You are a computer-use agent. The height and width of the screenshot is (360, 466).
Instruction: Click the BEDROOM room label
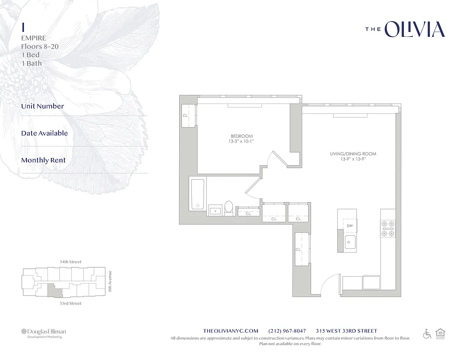242,136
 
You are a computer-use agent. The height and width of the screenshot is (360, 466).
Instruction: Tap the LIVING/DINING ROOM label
353,154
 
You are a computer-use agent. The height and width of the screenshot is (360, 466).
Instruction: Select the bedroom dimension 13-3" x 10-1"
242,142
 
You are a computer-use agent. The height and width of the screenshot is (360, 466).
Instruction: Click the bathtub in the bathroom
198,194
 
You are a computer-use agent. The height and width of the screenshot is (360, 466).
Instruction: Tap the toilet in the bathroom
229,207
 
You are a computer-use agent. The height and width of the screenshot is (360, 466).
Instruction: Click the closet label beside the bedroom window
185,116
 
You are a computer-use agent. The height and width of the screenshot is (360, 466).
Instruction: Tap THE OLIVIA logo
405,30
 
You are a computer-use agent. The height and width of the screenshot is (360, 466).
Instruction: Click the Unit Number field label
43,106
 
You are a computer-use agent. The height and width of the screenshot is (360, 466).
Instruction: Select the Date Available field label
45,133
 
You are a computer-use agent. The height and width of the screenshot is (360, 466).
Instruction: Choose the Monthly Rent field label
43,160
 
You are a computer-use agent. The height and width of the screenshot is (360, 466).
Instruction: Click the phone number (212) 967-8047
287,331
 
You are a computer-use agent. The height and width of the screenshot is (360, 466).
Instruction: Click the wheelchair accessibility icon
427,334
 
